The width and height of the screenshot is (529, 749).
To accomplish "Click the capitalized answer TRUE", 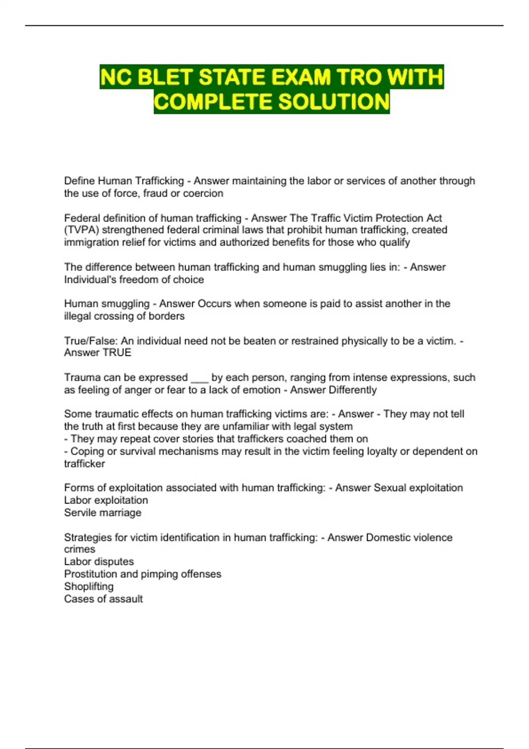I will [117, 353].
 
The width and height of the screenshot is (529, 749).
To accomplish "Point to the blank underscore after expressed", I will [199, 378].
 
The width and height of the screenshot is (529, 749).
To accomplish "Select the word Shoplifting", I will [89, 587].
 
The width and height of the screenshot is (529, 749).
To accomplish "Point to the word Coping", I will [86, 452].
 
